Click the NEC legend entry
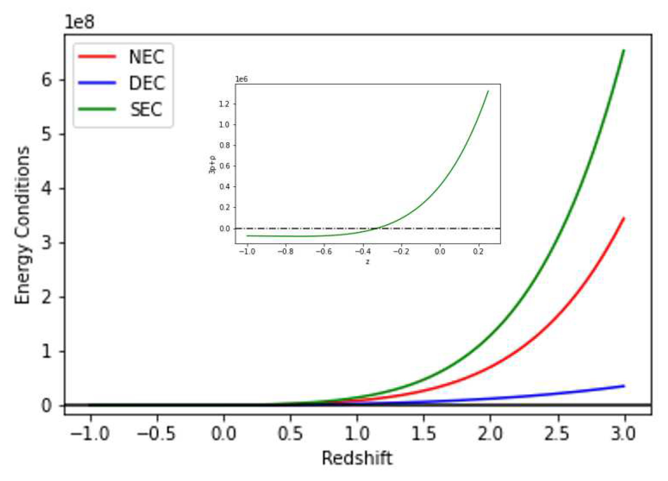click(146, 57)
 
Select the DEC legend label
click(147, 83)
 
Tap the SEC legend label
click(146, 110)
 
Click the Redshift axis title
click(357, 458)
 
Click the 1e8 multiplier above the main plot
click(79, 22)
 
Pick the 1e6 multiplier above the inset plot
click(241, 79)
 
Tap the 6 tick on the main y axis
click(47, 80)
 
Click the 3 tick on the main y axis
click(47, 243)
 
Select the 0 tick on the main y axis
click(47, 405)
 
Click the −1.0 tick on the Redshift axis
click(90, 433)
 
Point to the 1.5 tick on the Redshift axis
click(424, 433)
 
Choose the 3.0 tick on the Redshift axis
click(624, 433)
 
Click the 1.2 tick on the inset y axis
click(224, 104)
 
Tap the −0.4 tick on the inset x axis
click(363, 251)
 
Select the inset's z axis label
click(367, 262)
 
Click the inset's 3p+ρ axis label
click(212, 164)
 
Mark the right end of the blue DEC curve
click(624, 386)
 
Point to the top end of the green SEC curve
click(623, 51)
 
